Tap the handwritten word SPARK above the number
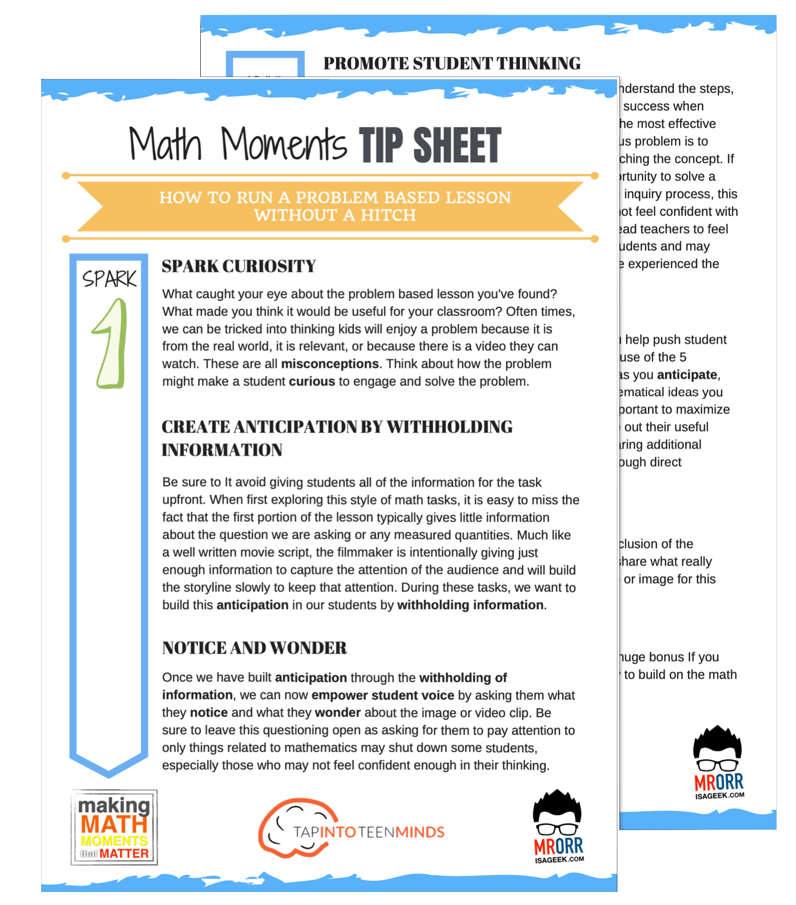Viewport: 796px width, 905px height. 109,278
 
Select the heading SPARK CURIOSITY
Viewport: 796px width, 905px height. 238,266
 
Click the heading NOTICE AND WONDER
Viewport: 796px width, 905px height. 254,648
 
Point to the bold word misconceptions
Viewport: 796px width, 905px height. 330,364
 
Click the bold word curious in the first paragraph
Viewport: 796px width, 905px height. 311,382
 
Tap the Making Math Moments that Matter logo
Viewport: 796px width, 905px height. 114,827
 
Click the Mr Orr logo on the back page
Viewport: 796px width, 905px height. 718,763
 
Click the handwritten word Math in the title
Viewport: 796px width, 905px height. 166,144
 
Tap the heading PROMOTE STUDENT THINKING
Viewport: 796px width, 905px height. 451,63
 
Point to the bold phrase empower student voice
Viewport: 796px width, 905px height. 382,696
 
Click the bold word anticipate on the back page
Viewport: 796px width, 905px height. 687,375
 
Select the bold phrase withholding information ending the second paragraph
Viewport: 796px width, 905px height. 470,605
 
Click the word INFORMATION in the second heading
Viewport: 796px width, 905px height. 222,450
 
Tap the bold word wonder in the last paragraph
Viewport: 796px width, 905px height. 338,713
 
